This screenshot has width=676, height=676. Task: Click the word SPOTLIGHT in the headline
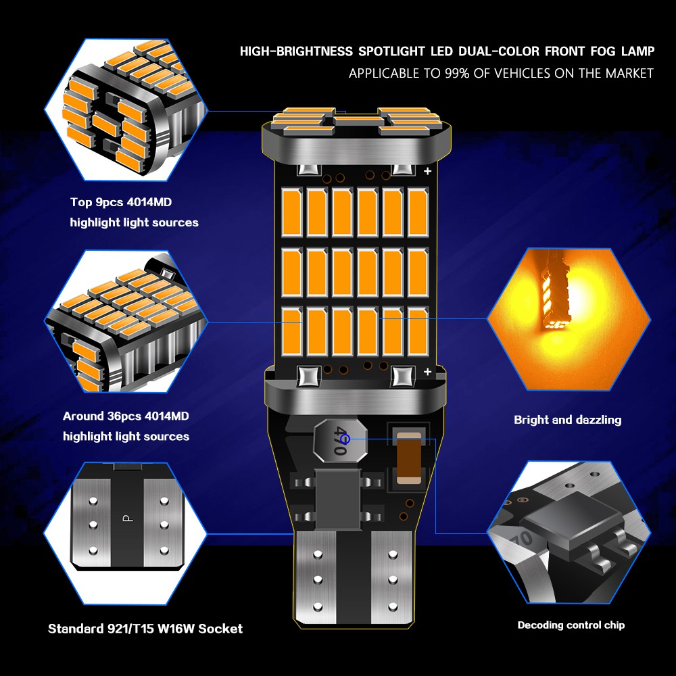(391, 51)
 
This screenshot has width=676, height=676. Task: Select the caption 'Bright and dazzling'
(567, 420)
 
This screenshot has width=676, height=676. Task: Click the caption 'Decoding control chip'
(571, 625)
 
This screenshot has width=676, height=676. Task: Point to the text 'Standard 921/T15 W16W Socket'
(145, 629)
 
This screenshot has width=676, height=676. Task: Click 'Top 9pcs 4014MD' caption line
(121, 202)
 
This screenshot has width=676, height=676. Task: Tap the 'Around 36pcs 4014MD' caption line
(126, 416)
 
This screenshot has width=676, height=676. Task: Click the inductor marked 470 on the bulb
(340, 440)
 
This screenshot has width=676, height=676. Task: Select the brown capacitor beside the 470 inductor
(408, 458)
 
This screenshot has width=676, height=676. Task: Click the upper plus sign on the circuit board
(427, 171)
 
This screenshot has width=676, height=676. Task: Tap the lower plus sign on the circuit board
(427, 372)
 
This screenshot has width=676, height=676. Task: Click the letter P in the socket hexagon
(128, 517)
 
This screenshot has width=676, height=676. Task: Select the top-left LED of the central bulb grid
(292, 212)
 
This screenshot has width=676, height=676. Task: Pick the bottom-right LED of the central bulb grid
(418, 331)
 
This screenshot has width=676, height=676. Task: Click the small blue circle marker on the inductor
(345, 439)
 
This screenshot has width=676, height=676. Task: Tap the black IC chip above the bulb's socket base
(337, 499)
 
